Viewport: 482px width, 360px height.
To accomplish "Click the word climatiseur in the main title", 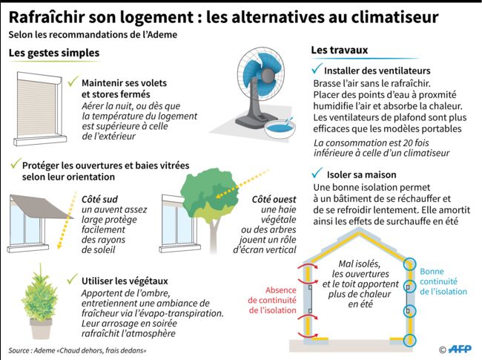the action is point(394,17).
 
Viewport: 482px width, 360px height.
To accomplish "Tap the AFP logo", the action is point(460,349).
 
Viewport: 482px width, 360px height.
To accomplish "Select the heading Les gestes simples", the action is point(54,53).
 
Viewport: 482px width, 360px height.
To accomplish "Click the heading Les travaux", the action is point(340,50).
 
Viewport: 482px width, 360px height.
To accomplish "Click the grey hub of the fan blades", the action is point(266,73).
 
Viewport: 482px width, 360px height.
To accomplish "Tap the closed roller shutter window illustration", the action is point(39,108).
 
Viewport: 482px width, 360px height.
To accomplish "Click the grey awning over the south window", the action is point(41,206).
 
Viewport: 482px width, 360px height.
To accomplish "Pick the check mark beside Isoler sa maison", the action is point(317,173).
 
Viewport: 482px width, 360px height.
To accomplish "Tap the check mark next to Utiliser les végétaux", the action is point(73,279).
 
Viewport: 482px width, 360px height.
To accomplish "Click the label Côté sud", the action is point(99,200).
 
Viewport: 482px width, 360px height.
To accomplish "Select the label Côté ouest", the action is point(274,200).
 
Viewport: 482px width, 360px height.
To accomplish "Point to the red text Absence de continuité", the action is point(272,295).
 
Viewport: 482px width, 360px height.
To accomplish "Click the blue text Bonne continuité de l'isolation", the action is point(443,281).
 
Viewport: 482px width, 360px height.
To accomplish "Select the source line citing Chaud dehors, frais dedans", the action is point(77,350).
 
